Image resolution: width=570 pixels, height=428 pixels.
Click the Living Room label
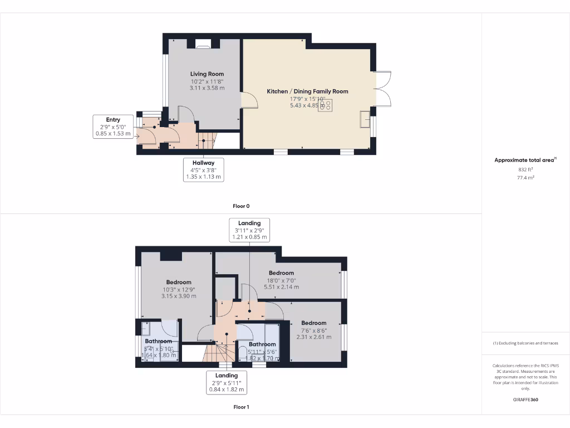click(207, 74)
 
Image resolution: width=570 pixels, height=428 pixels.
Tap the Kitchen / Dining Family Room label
click(307, 91)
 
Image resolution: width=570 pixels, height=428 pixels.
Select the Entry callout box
click(113, 127)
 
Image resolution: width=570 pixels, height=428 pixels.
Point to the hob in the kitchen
click(326, 106)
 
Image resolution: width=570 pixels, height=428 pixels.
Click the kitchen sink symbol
click(365, 119)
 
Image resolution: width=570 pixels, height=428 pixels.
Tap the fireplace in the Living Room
click(203, 44)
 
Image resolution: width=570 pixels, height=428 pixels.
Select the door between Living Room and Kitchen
click(249, 100)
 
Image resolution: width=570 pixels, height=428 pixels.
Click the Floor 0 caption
click(240, 206)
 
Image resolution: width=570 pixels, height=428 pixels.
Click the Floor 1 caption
click(240, 407)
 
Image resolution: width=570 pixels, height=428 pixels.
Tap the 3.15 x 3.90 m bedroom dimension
click(178, 296)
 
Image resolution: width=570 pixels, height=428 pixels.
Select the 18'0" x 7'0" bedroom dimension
click(281, 280)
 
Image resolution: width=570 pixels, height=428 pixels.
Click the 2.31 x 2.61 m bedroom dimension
click(313, 337)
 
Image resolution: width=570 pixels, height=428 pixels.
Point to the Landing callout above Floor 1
click(249, 230)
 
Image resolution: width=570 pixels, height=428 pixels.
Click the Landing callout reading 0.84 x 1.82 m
click(227, 382)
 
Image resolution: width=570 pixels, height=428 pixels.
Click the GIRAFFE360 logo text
click(525, 400)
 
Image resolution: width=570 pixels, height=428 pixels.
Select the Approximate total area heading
click(525, 160)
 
